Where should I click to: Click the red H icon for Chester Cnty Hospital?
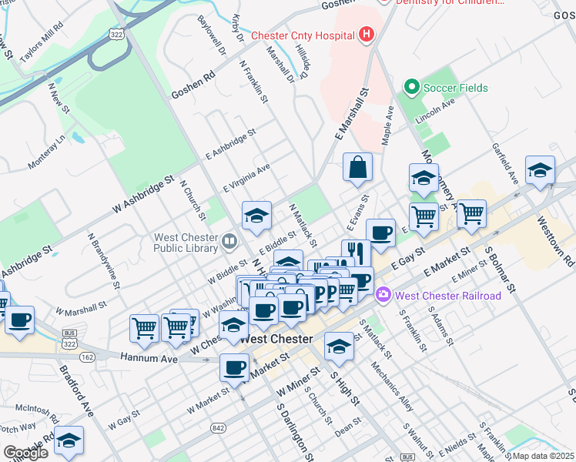pos(366,35)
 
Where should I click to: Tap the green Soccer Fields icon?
pos(411,88)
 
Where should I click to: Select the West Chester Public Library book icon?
pos(229,243)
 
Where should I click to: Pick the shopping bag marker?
pos(357,168)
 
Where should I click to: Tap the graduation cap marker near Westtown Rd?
pos(540,171)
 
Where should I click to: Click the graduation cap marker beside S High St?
pos(338,347)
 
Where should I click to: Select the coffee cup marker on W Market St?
pos(234,367)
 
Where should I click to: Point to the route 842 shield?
pos(211,426)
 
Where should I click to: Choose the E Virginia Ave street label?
pos(246,177)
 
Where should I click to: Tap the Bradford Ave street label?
pos(76,390)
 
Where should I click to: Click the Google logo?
pos(26,453)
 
